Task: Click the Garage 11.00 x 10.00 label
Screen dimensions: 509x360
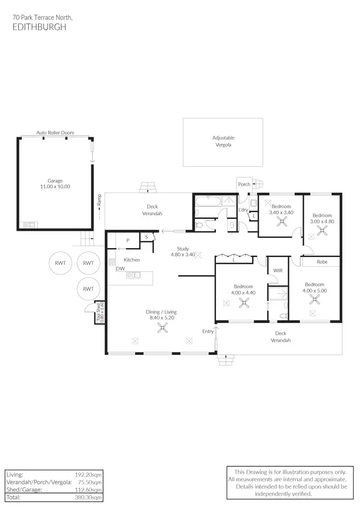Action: pyautogui.click(x=55, y=184)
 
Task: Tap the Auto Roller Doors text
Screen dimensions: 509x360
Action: pyautogui.click(x=55, y=132)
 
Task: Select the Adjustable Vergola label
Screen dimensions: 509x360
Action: pyautogui.click(x=223, y=141)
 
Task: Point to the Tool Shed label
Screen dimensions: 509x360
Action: pyautogui.click(x=99, y=312)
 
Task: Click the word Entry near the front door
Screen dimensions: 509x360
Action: pyautogui.click(x=208, y=331)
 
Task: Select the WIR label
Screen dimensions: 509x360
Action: pyautogui.click(x=277, y=271)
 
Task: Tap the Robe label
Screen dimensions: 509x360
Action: pyautogui.click(x=322, y=262)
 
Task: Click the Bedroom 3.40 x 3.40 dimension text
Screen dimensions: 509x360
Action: pyautogui.click(x=281, y=213)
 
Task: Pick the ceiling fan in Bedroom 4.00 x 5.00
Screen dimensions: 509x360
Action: pyautogui.click(x=315, y=300)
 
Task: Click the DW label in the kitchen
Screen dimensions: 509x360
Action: pyautogui.click(x=120, y=269)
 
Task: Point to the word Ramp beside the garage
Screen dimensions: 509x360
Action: pyautogui.click(x=99, y=199)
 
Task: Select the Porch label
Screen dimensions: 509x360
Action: pyautogui.click(x=244, y=184)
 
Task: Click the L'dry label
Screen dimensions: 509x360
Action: pyautogui.click(x=243, y=210)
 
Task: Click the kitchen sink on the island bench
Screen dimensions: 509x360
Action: pyautogui.click(x=134, y=275)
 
